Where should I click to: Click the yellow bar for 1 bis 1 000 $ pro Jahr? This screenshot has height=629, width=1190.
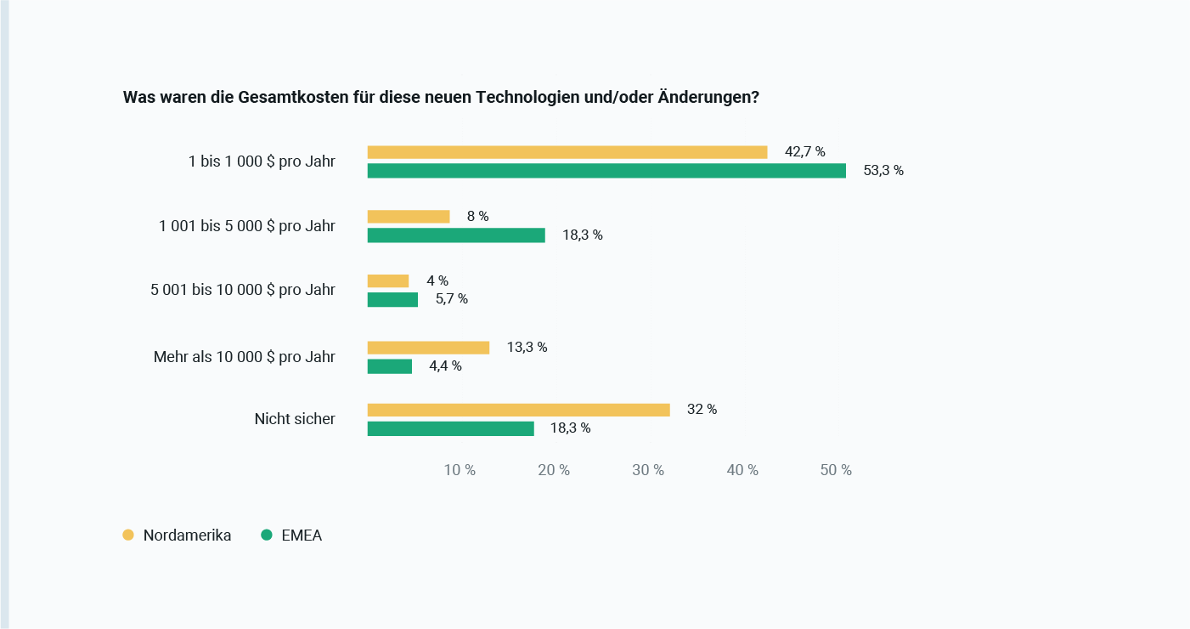click(567, 152)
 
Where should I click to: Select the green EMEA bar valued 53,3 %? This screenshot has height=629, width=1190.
click(606, 171)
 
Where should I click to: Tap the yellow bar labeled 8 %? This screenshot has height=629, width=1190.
click(408, 217)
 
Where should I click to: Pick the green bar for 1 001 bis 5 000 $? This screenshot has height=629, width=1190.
click(456, 235)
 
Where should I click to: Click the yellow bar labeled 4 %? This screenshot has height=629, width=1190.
click(387, 281)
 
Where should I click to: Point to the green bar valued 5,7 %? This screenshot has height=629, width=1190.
click(392, 300)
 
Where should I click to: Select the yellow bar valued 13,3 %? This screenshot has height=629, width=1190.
click(428, 348)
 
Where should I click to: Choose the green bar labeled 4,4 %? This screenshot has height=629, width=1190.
click(389, 366)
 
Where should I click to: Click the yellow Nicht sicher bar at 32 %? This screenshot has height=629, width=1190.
click(518, 410)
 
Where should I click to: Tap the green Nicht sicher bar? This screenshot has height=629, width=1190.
click(450, 428)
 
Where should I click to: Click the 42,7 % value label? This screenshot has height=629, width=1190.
click(804, 152)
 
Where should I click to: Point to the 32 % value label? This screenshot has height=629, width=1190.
click(702, 410)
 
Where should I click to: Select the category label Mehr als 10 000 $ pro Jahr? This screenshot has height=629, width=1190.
click(245, 357)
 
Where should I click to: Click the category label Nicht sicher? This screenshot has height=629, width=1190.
click(295, 419)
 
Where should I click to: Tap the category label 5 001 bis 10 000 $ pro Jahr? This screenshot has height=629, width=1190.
click(243, 290)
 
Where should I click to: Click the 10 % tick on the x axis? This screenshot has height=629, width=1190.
click(460, 470)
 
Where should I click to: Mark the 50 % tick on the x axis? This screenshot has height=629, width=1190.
click(836, 470)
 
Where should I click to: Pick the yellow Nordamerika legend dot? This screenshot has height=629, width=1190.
click(128, 535)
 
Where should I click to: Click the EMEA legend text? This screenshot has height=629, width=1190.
click(302, 535)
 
